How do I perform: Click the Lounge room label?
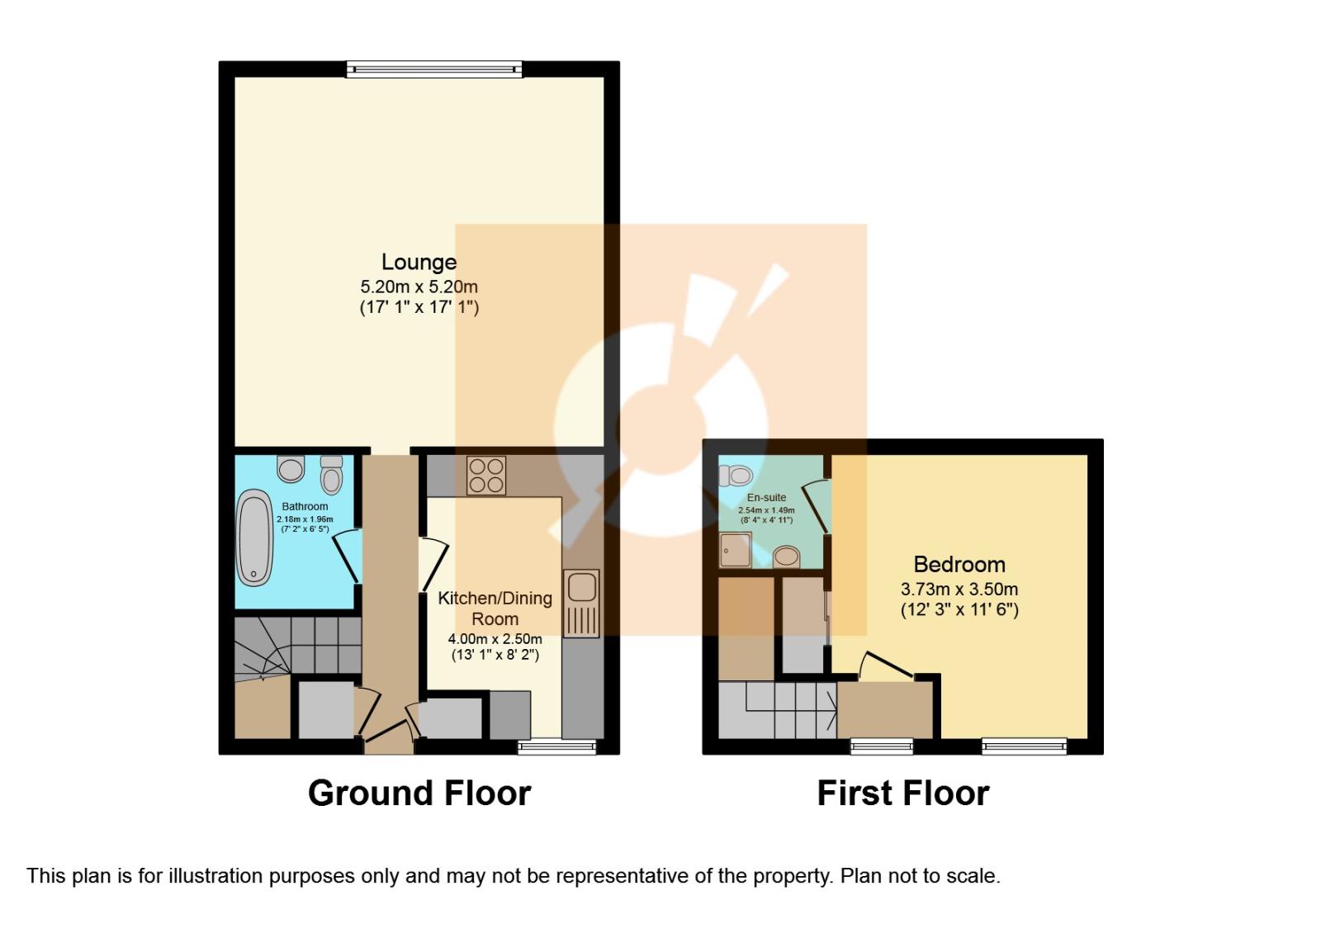click(x=419, y=263)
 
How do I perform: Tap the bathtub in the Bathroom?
click(x=254, y=538)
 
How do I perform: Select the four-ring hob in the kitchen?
click(x=485, y=476)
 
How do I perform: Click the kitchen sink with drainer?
click(x=581, y=603)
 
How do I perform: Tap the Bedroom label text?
click(x=959, y=565)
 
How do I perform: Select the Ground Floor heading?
click(x=419, y=793)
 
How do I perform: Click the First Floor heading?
click(x=902, y=793)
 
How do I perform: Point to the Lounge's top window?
click(x=434, y=69)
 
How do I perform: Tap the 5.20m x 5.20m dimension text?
click(x=419, y=287)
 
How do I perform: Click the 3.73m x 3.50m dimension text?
click(x=959, y=590)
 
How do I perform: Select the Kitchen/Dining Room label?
click(x=495, y=609)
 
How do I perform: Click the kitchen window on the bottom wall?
click(x=556, y=746)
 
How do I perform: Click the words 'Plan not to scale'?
click(x=920, y=876)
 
